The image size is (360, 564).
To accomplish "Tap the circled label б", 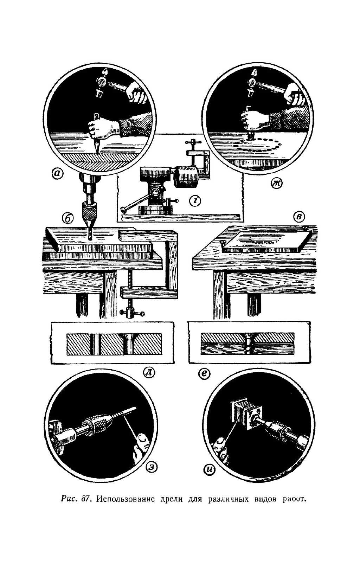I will click(68, 218).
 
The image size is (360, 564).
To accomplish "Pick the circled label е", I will click(204, 373).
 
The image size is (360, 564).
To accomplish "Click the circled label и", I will click(210, 470).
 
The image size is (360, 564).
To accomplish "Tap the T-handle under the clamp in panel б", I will click(132, 312).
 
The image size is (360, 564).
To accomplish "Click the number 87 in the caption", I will click(84, 499).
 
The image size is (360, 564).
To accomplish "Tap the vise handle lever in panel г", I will click(135, 204).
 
